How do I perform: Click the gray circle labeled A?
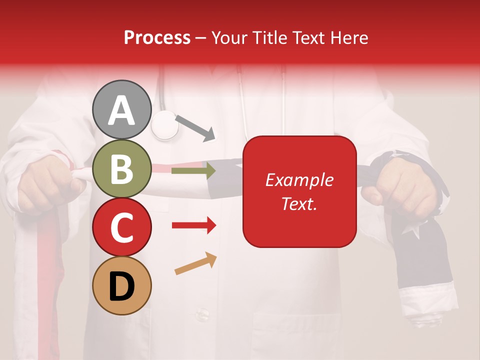click(x=122, y=109)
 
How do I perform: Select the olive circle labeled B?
click(x=122, y=168)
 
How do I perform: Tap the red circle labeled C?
click(x=122, y=227)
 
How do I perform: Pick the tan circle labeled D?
click(x=122, y=285)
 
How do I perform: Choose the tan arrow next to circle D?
click(x=195, y=263)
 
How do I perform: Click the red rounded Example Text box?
click(x=299, y=191)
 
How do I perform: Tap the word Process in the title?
click(x=157, y=37)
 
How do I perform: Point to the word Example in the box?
click(x=299, y=180)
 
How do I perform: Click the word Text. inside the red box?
click(x=299, y=203)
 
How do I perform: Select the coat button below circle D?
click(x=202, y=314)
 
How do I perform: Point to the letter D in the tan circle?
click(x=122, y=286)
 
